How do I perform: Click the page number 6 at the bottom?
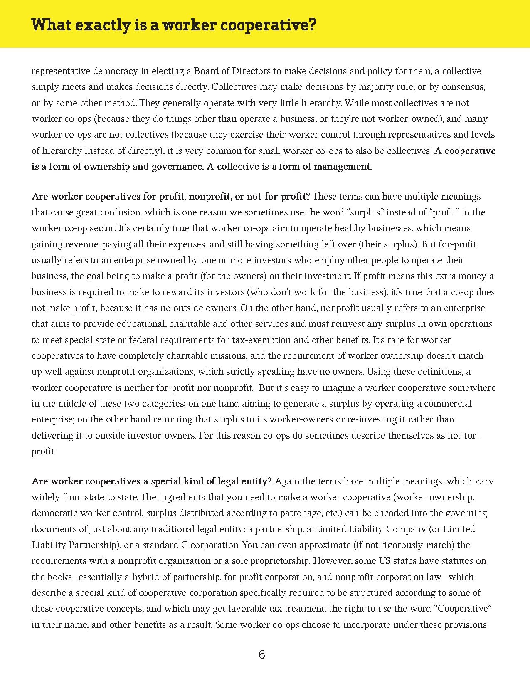pyautogui.click(x=261, y=655)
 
